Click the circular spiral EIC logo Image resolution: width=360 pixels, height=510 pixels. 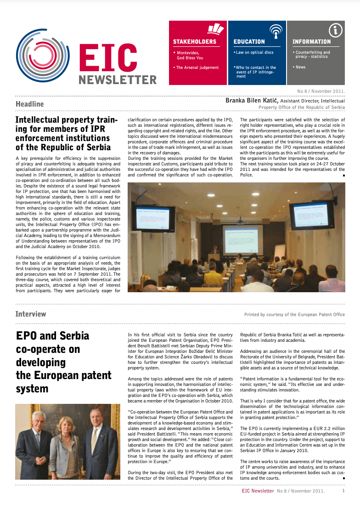click(x=43, y=56)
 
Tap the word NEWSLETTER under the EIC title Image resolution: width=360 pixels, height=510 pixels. click(x=118, y=80)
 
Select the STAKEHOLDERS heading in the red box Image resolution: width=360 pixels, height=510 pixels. click(x=194, y=42)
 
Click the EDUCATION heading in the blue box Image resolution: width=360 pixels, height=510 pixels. click(x=249, y=42)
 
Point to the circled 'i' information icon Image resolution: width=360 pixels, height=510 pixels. click(x=336, y=30)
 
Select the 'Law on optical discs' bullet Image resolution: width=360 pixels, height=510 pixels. click(x=254, y=52)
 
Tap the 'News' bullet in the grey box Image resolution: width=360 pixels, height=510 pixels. click(x=300, y=67)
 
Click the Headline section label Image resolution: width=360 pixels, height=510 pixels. click(x=29, y=104)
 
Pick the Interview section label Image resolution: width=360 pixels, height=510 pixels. click(x=31, y=314)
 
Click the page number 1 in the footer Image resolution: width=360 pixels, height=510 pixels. click(x=343, y=491)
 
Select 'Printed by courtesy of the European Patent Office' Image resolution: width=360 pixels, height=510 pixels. click(x=294, y=315)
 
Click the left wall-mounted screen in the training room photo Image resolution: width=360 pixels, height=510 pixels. click(x=152, y=218)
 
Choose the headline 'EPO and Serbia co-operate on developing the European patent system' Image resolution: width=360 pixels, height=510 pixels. click(x=63, y=362)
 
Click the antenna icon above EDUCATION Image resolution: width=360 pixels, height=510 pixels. click(x=275, y=31)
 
